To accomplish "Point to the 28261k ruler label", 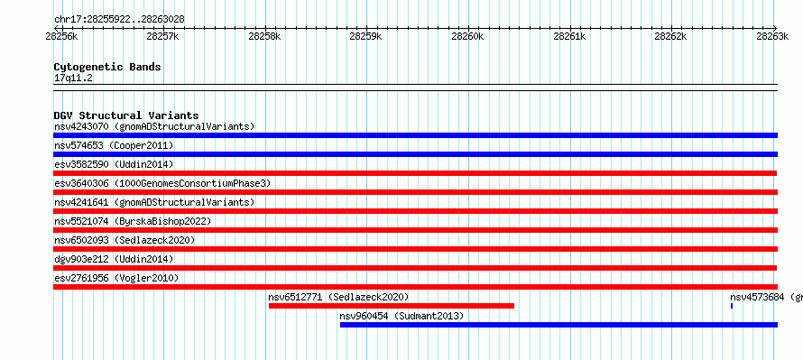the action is pyautogui.click(x=569, y=36).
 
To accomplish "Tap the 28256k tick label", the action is pyautogui.click(x=61, y=36).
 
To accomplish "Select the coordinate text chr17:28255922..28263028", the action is pyautogui.click(x=119, y=20).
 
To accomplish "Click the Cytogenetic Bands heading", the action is pyautogui.click(x=107, y=67).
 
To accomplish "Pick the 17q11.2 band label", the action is pyautogui.click(x=73, y=78).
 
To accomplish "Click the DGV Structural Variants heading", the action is pyautogui.click(x=126, y=115).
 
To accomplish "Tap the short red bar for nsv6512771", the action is pyautogui.click(x=392, y=306).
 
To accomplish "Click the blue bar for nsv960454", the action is pyautogui.click(x=558, y=325).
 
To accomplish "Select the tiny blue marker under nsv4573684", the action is pyautogui.click(x=732, y=306).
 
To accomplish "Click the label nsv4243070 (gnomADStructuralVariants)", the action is pyautogui.click(x=154, y=126).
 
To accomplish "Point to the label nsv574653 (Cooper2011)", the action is pyautogui.click(x=114, y=145).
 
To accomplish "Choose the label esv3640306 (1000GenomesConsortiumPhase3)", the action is pyautogui.click(x=162, y=183).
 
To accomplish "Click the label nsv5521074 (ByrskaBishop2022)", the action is pyautogui.click(x=133, y=221).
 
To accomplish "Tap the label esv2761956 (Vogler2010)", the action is pyautogui.click(x=116, y=278).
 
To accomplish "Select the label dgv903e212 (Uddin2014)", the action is pyautogui.click(x=114, y=259).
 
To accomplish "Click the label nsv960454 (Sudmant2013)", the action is pyautogui.click(x=401, y=316).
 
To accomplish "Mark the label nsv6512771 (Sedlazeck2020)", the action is pyautogui.click(x=338, y=297).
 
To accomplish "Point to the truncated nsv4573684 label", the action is pyautogui.click(x=766, y=297).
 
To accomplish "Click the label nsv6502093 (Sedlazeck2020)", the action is pyautogui.click(x=125, y=240).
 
